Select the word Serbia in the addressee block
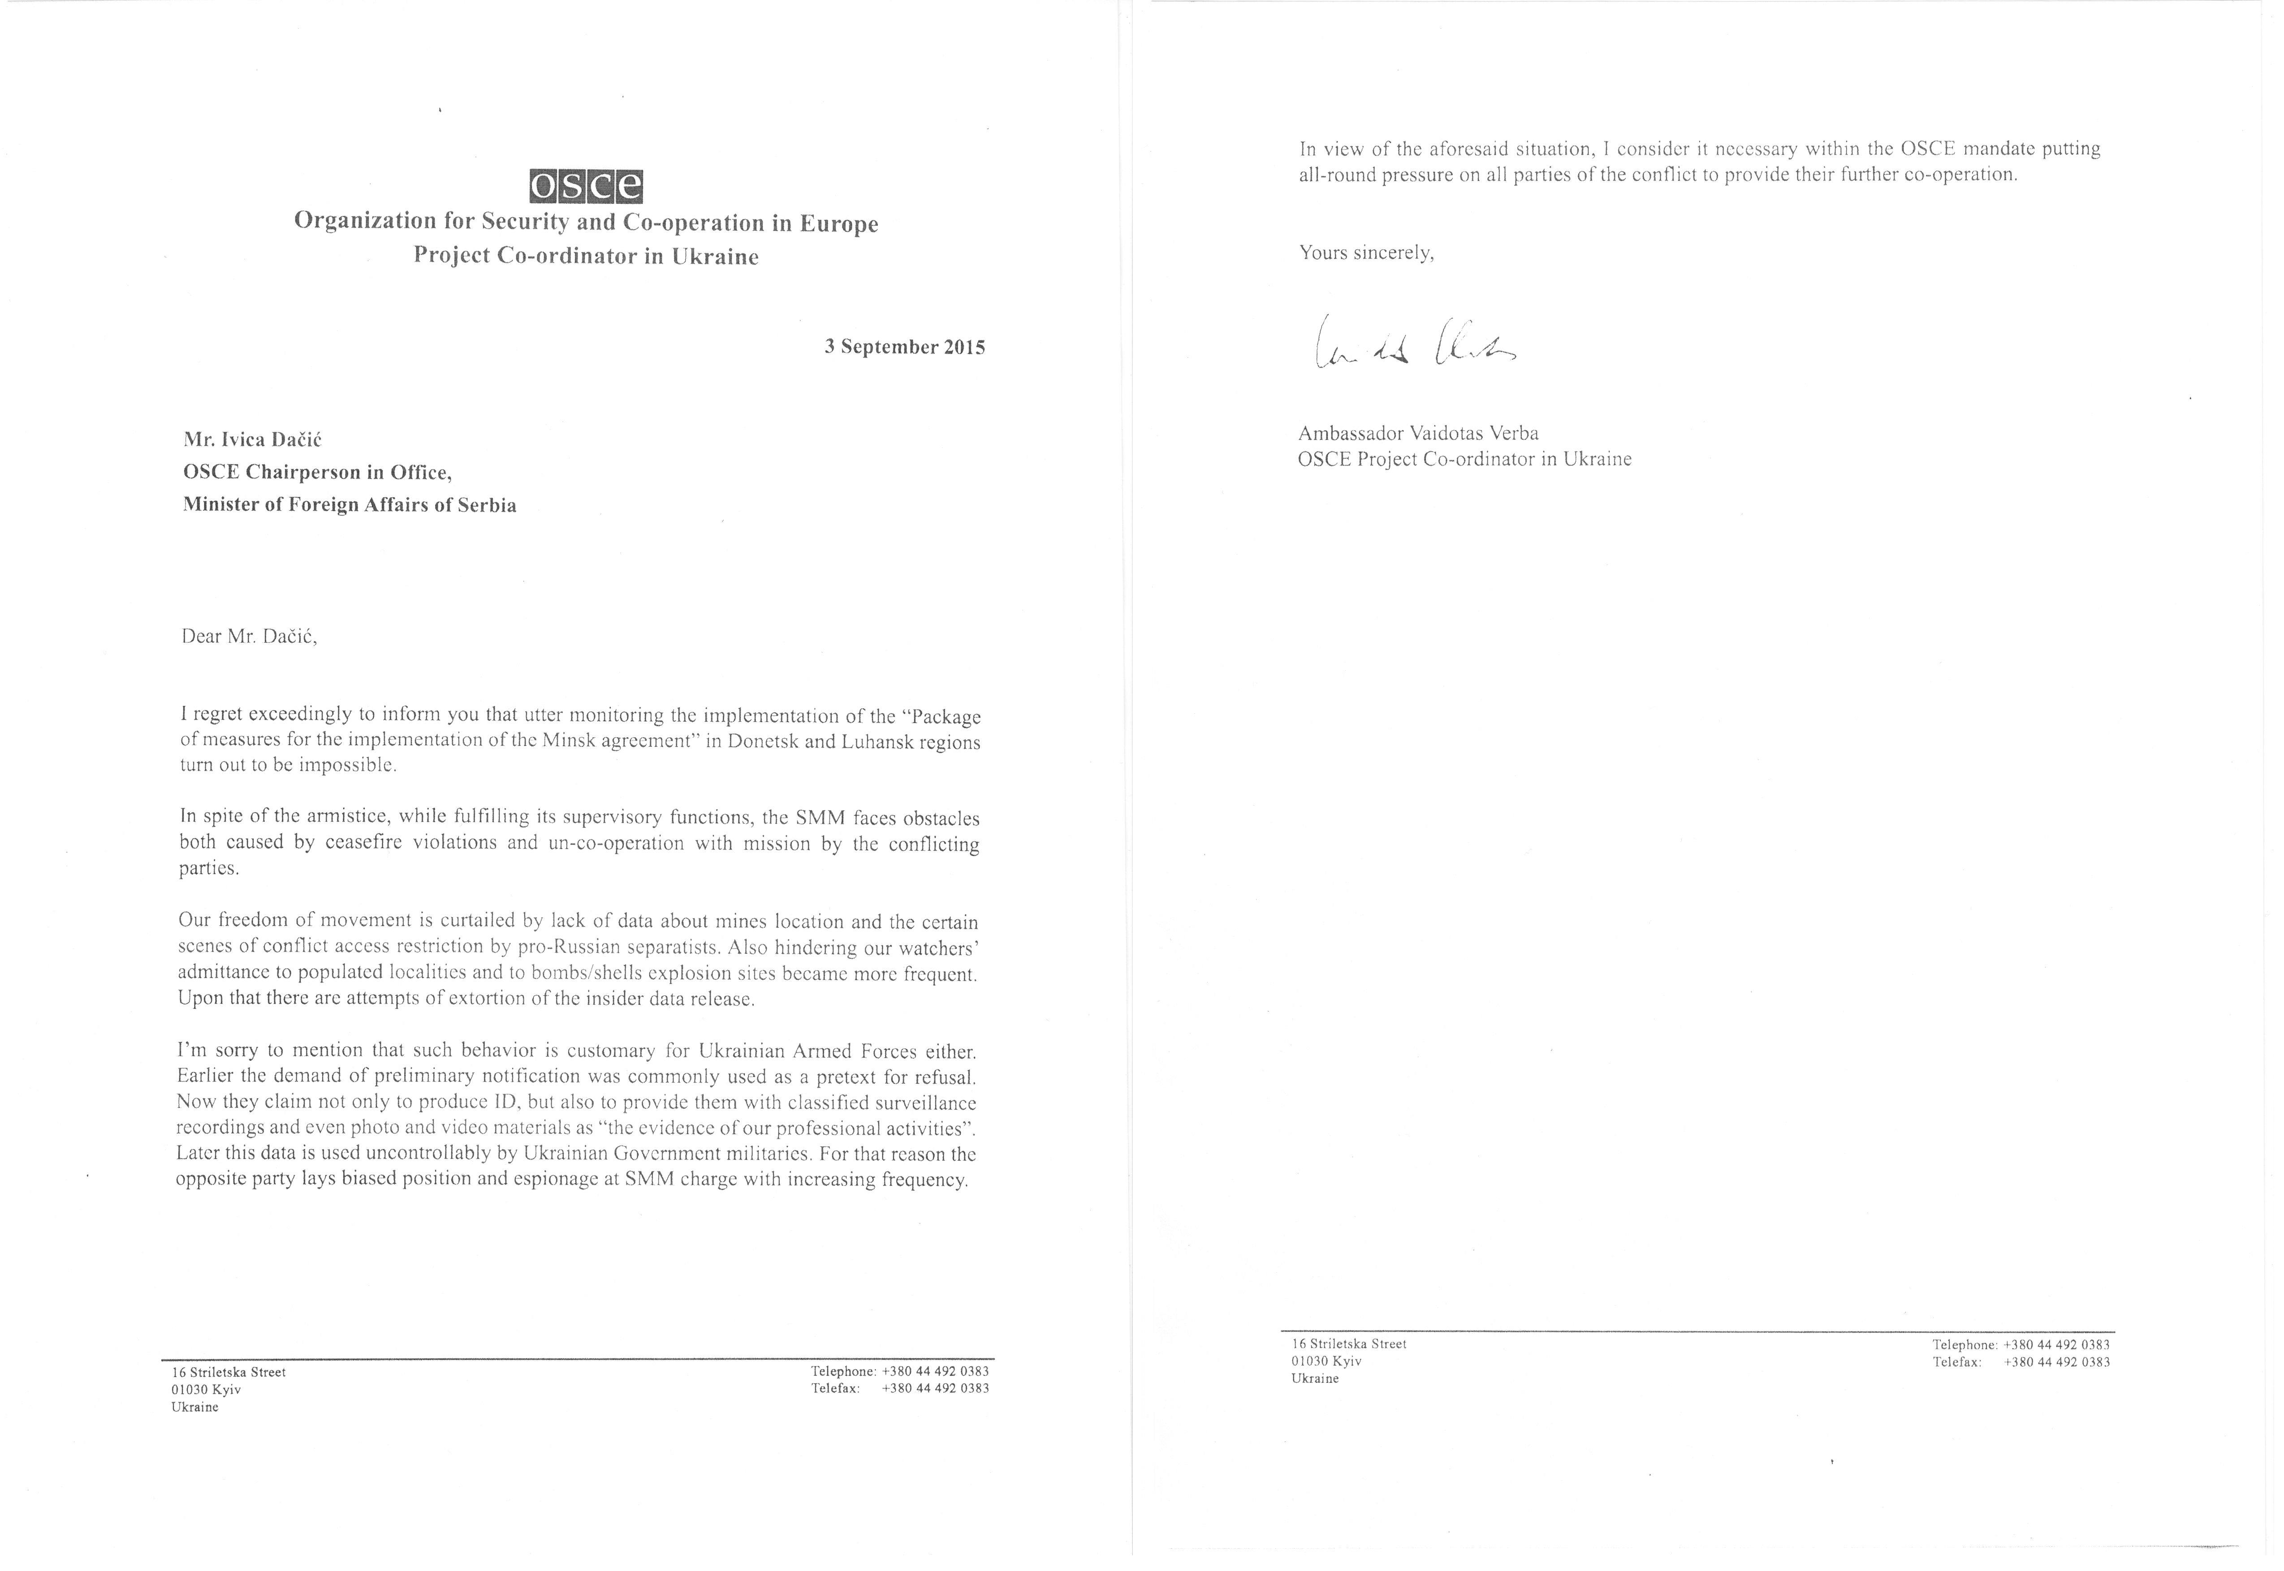[x=486, y=506]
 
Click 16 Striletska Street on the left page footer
[x=229, y=1372]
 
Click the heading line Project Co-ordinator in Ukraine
[x=586, y=257]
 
